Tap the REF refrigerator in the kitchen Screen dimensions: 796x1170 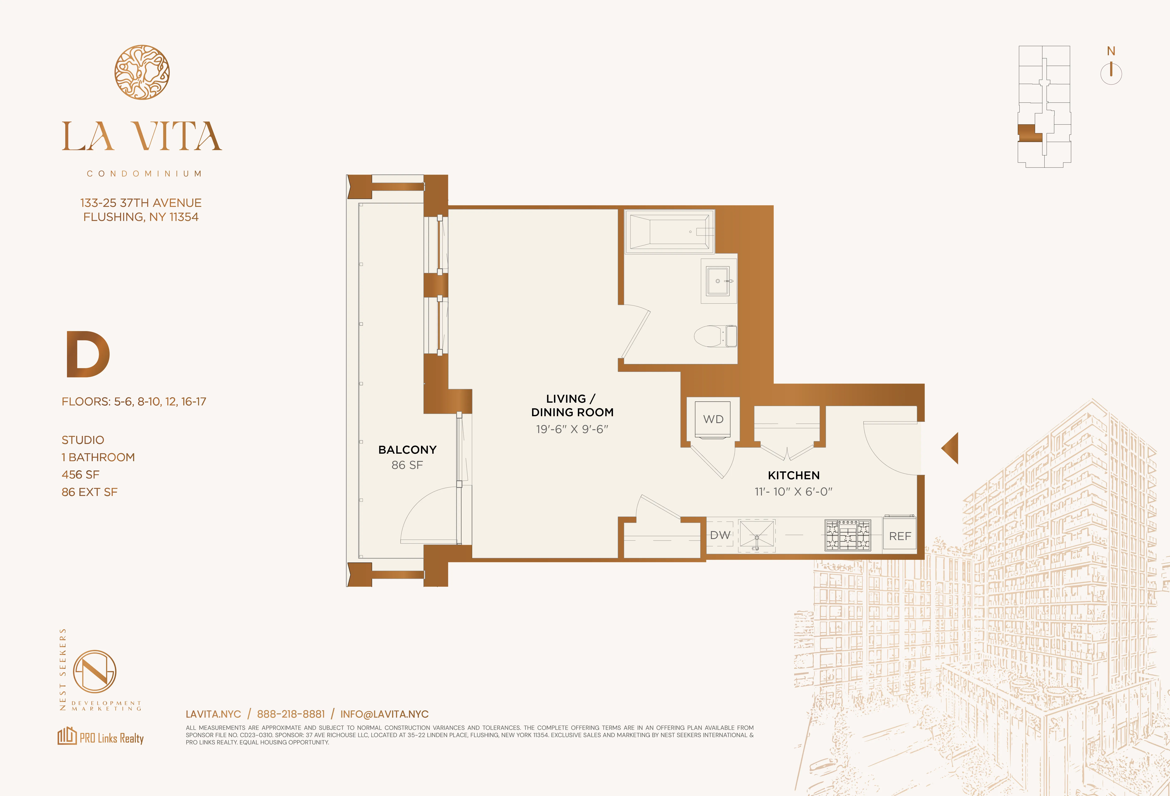(900, 535)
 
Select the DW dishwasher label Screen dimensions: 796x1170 (720, 535)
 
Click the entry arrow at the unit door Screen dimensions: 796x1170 (951, 448)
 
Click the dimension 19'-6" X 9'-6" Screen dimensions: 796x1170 (572, 429)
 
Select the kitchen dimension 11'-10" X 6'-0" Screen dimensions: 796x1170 (794, 492)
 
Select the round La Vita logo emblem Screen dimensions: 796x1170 (142, 72)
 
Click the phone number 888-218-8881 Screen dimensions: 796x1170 (291, 714)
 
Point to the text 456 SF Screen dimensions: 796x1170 (80, 474)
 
